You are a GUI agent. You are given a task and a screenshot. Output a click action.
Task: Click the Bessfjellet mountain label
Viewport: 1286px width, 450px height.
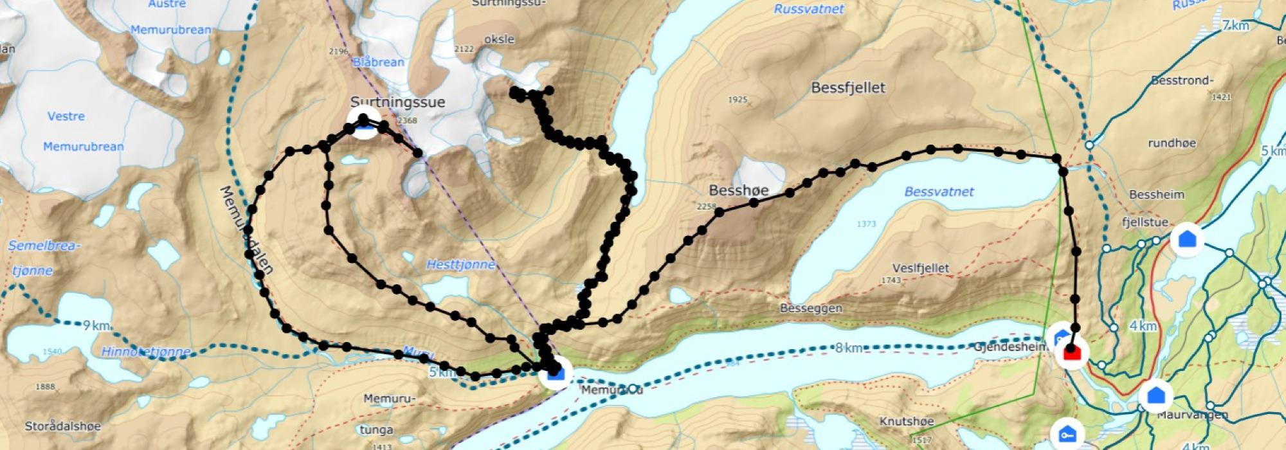[x=848, y=88]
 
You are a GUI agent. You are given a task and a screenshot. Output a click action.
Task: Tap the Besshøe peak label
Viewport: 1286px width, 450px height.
[x=738, y=190]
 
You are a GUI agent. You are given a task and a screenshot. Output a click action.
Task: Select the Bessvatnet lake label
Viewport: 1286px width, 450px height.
[x=939, y=192]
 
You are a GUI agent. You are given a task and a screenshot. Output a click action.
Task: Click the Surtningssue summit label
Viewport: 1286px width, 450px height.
[x=397, y=102]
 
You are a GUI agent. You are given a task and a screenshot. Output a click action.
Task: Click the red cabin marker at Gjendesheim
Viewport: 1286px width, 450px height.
[x=1072, y=352]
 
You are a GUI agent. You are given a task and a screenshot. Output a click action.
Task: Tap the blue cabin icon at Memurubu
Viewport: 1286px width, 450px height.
[x=556, y=373]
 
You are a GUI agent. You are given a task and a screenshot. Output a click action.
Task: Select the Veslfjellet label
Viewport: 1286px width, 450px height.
[x=920, y=268]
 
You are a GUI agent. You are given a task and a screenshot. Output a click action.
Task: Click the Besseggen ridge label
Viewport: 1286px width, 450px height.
[x=811, y=309]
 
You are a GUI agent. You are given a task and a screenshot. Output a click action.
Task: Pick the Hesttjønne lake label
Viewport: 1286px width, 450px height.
[x=461, y=264]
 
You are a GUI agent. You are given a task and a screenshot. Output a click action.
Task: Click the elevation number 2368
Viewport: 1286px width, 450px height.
[x=408, y=121]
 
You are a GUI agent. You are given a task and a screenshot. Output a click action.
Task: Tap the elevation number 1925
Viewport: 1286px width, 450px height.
[x=738, y=100]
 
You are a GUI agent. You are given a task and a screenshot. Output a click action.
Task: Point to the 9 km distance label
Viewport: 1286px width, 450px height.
[x=96, y=326]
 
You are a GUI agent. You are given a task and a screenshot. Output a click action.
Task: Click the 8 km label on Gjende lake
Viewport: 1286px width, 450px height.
[x=848, y=348]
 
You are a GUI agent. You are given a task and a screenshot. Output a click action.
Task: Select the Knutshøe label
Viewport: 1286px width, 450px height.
[x=906, y=422]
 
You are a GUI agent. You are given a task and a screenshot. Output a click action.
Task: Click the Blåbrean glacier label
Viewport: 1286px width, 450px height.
[x=379, y=62]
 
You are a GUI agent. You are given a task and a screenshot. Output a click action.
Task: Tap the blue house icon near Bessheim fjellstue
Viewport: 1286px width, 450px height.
[x=1187, y=240]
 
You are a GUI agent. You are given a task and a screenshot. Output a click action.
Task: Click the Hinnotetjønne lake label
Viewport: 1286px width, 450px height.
[x=146, y=352]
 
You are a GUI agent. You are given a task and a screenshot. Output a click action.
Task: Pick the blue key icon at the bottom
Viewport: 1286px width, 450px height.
[x=1067, y=435]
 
